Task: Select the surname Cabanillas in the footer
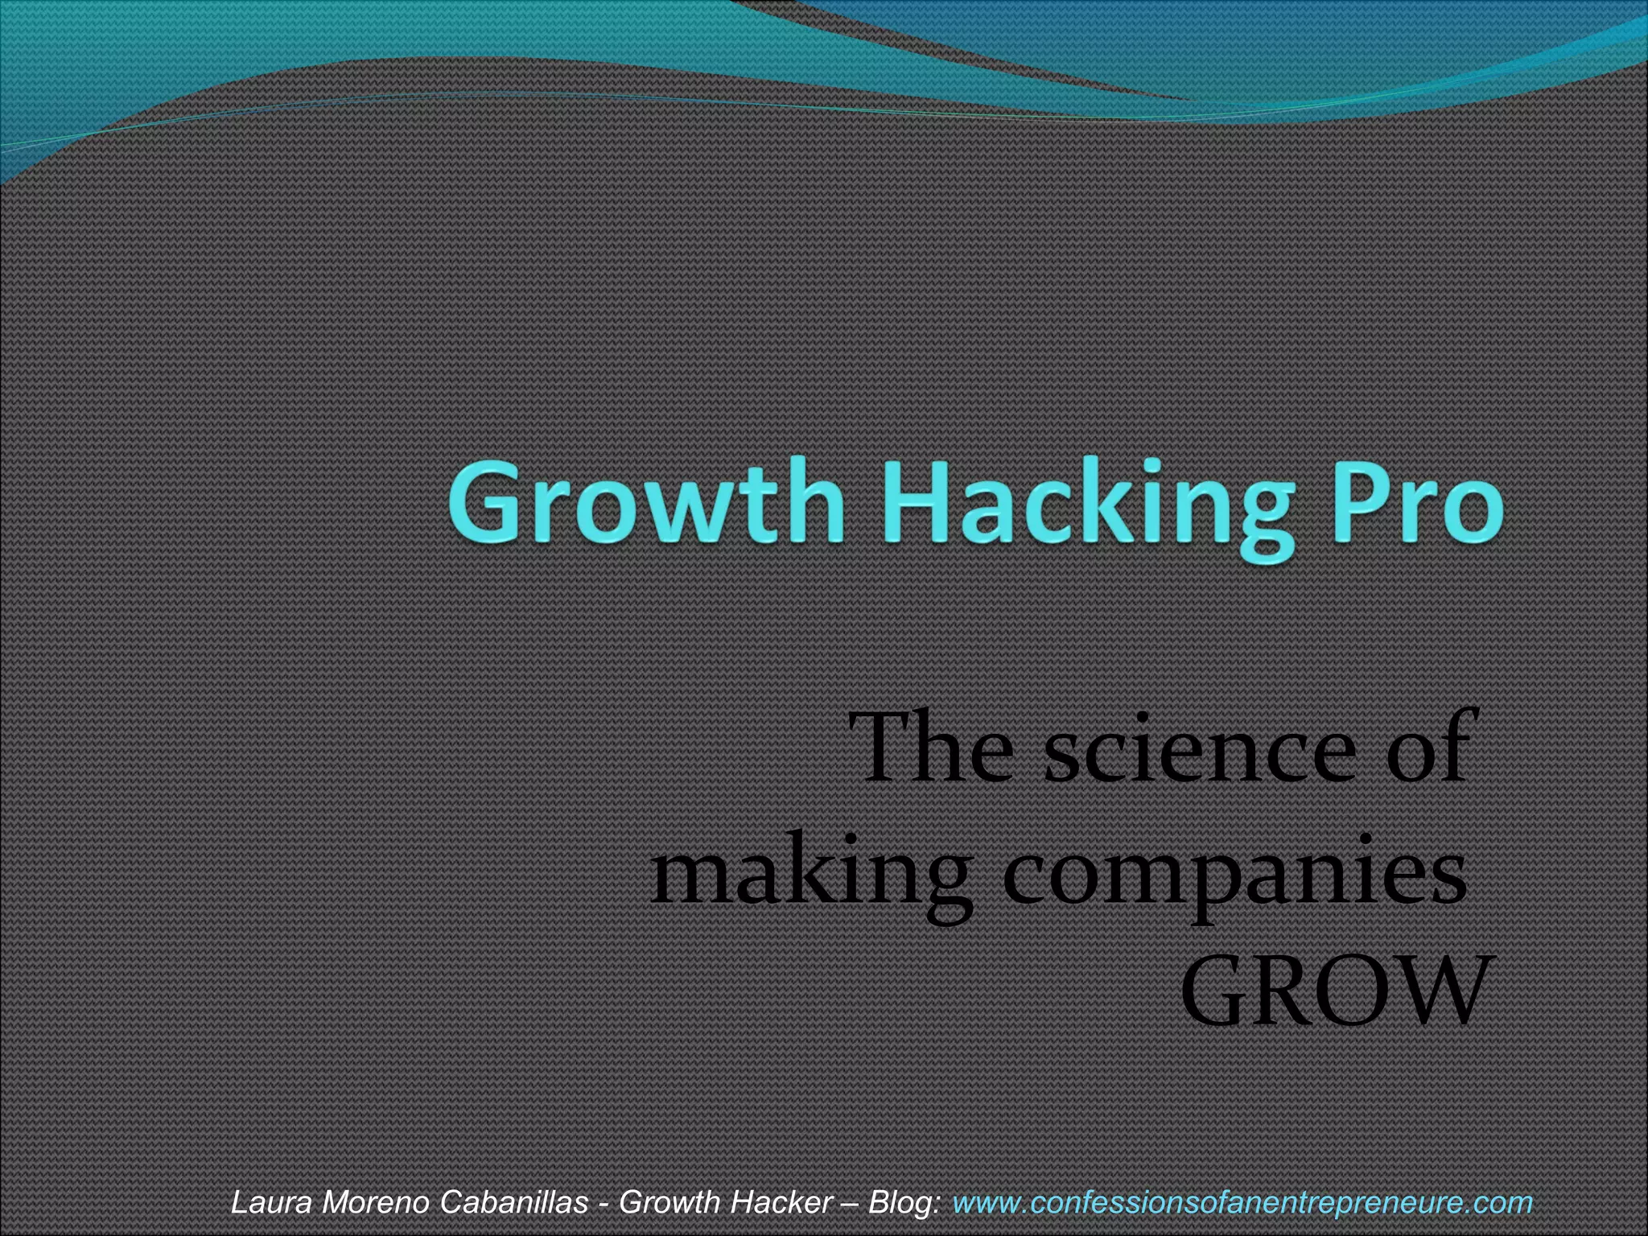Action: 515,1202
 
